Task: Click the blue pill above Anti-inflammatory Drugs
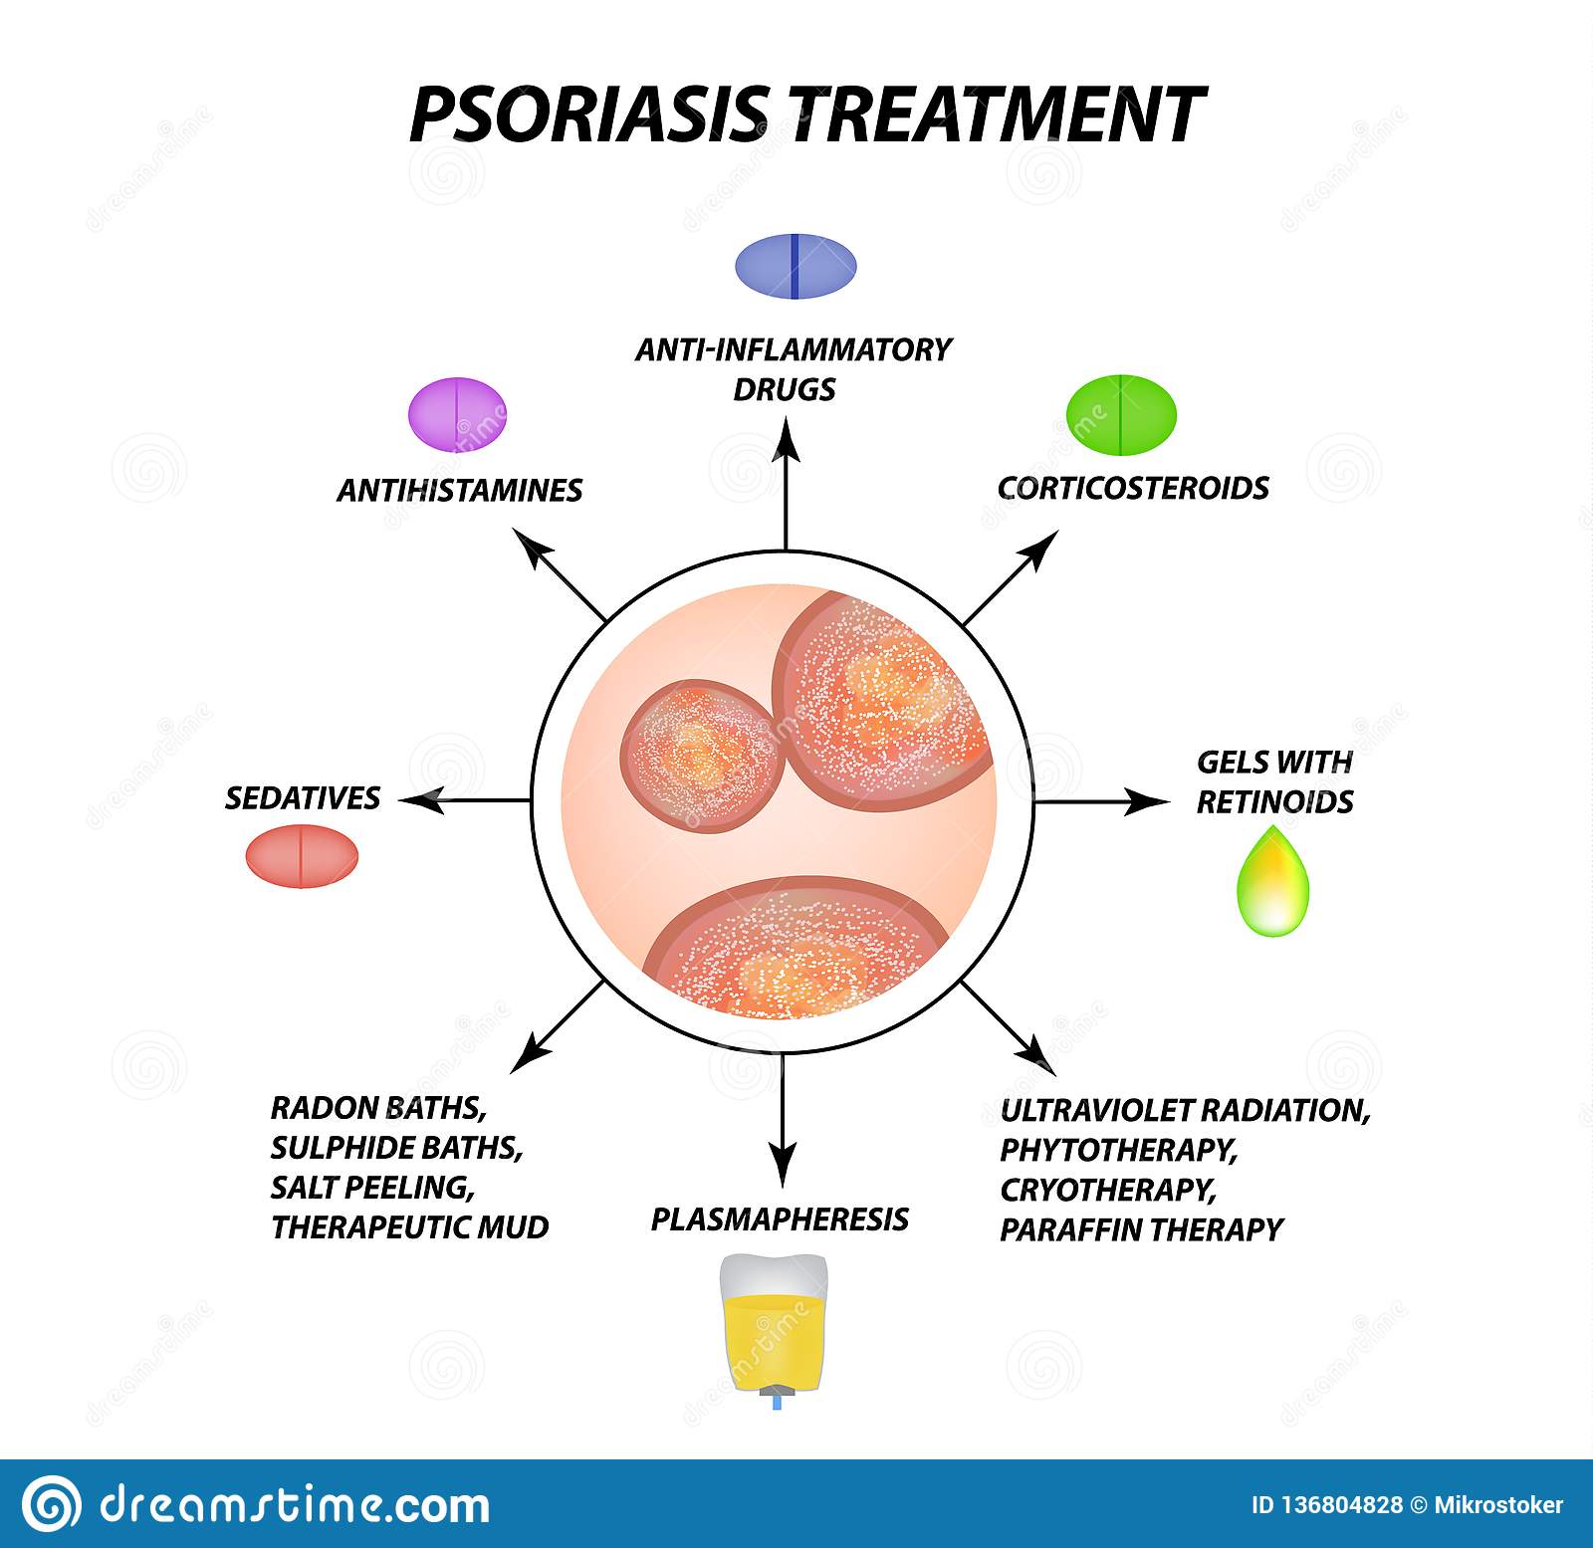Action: tap(796, 267)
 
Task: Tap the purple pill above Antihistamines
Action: tap(458, 413)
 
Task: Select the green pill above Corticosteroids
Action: tap(1121, 413)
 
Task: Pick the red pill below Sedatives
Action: tap(302, 856)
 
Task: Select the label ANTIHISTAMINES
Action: tap(459, 491)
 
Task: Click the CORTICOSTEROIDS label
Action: tap(1133, 489)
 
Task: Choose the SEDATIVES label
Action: tap(303, 798)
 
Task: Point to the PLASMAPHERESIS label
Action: tap(780, 1219)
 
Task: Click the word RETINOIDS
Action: tap(1274, 802)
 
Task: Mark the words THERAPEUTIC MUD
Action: tap(409, 1227)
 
